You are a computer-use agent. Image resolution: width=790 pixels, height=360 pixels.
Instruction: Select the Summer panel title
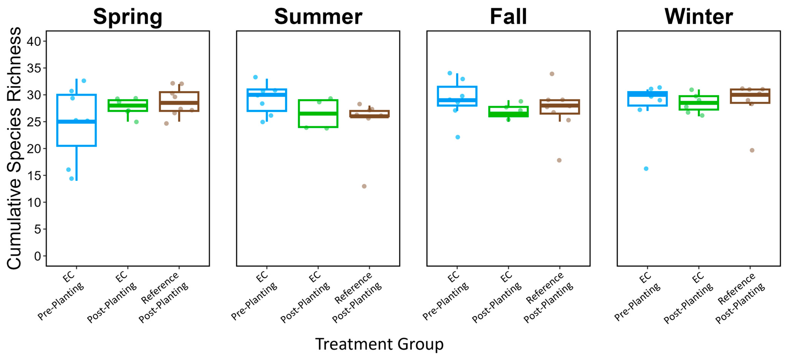click(x=318, y=17)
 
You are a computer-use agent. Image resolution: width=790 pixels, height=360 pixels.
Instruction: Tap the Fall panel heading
click(x=508, y=17)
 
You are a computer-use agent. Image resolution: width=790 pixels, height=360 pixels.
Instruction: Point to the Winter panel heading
click(x=699, y=17)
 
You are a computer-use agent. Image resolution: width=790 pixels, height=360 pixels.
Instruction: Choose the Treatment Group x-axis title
click(x=379, y=344)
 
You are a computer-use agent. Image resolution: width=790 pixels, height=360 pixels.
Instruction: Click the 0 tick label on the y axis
click(x=37, y=256)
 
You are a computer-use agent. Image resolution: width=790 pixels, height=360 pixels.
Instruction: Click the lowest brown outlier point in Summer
click(x=364, y=186)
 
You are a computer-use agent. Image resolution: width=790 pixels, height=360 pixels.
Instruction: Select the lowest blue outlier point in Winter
click(x=646, y=169)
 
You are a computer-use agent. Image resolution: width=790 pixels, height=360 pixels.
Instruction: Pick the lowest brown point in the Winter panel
click(x=752, y=150)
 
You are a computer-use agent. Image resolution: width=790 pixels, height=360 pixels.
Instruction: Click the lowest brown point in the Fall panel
click(x=559, y=160)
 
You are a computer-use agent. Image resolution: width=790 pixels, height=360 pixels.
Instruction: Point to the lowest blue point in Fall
click(x=458, y=137)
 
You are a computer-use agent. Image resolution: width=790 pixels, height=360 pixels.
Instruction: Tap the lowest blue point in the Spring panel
click(x=71, y=178)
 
